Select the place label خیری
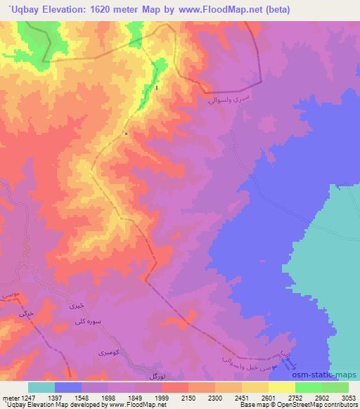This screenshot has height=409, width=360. coord(75,306)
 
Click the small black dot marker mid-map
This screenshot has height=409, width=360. coord(125,133)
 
